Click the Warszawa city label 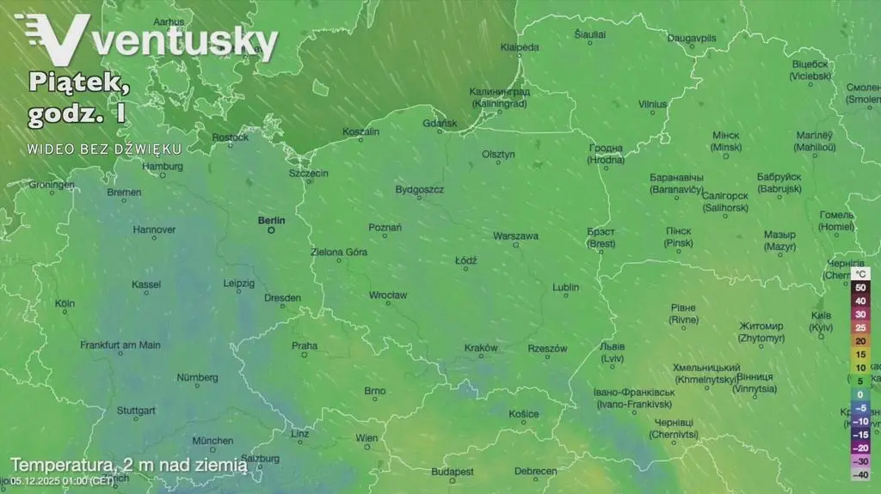point(515,235)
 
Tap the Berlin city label point(271,220)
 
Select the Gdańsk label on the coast point(440,124)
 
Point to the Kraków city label point(481,348)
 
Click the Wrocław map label point(387,295)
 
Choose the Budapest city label point(453,472)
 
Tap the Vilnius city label point(652,104)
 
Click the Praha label point(305,346)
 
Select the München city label point(213,441)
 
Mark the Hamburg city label point(163,166)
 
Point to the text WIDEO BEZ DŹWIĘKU point(104,148)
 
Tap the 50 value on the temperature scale point(859,287)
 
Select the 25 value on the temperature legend point(859,327)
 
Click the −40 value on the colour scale point(859,474)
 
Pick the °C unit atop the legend point(859,273)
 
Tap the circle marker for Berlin point(271,230)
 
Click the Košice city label point(523,414)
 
